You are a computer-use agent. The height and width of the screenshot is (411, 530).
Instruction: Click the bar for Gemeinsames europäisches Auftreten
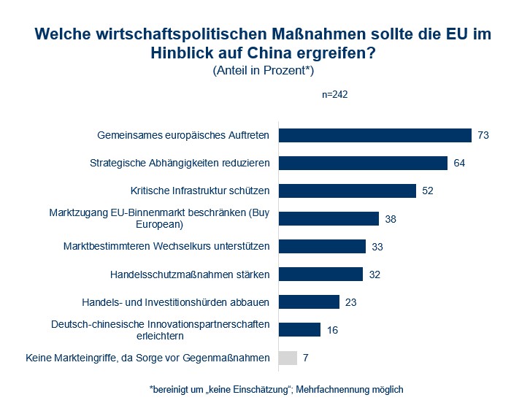(x=375, y=135)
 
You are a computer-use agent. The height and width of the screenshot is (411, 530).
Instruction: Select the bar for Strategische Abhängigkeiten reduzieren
(x=363, y=163)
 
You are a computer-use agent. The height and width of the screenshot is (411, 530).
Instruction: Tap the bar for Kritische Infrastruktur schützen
(x=347, y=191)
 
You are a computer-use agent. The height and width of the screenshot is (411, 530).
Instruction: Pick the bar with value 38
(x=329, y=219)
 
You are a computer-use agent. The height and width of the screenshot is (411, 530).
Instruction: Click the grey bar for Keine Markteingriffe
(x=288, y=358)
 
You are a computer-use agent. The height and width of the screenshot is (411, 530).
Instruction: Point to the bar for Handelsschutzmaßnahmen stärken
(x=320, y=274)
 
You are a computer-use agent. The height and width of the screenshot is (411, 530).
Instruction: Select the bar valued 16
(x=299, y=329)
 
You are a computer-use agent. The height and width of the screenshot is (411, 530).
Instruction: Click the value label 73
(x=483, y=135)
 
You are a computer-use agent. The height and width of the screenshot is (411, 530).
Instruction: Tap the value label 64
(x=459, y=163)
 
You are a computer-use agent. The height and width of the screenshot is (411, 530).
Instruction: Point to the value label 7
(x=306, y=358)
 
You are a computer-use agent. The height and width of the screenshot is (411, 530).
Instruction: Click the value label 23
(x=351, y=302)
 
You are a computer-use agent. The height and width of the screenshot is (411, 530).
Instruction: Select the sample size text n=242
(x=334, y=94)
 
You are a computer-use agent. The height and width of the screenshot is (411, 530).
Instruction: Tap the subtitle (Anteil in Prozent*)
(x=264, y=70)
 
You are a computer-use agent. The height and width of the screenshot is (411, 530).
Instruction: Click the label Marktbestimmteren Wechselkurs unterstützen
(x=166, y=246)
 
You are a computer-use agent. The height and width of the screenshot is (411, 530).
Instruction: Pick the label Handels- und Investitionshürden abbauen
(x=176, y=302)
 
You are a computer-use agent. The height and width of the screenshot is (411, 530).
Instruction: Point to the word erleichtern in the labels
(x=160, y=336)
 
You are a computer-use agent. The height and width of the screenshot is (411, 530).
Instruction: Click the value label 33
(x=377, y=247)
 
